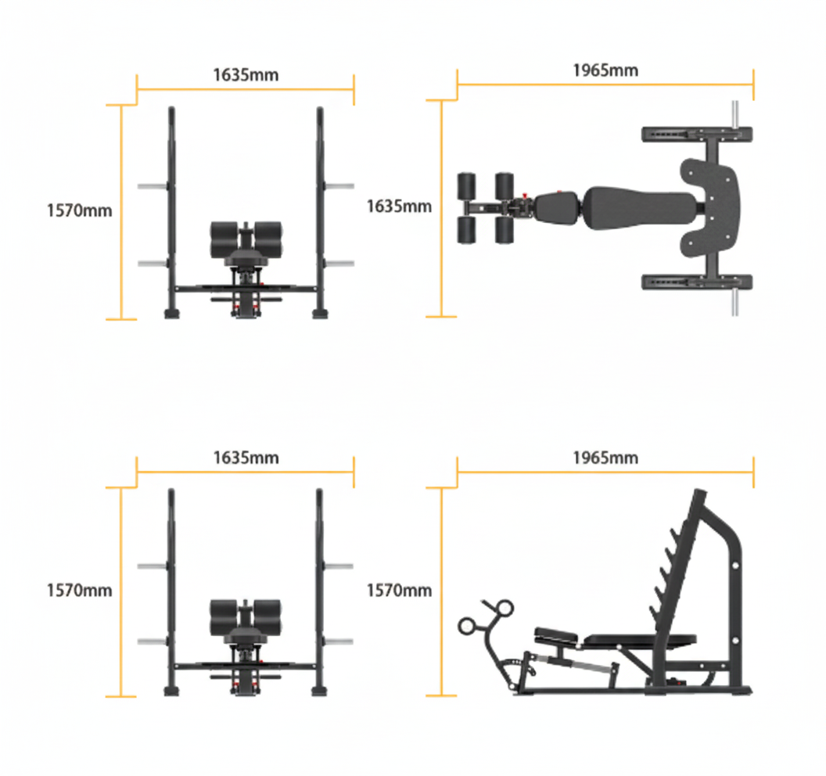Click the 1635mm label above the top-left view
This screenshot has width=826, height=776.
246,75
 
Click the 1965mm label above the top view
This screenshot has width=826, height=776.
605,70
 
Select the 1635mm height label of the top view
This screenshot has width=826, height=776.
399,206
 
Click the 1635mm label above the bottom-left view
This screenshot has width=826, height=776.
246,458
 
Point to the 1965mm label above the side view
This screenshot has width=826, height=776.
605,458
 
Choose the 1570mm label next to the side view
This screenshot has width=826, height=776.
399,590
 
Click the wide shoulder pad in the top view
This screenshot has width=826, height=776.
710,208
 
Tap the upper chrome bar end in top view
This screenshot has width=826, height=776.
734,116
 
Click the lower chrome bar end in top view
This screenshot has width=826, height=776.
734,304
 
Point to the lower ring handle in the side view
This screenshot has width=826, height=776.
470,624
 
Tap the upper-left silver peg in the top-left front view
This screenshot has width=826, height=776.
152,186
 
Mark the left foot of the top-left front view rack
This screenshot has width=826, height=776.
171,313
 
